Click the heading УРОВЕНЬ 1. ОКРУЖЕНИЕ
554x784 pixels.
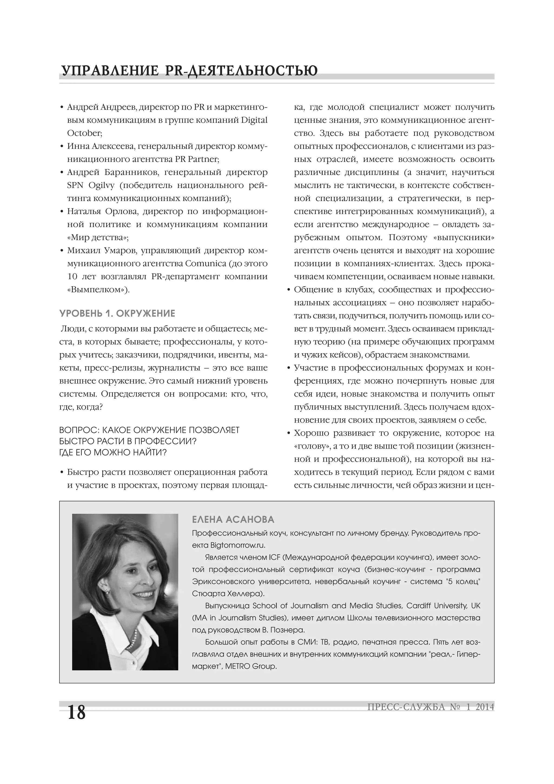pyautogui.click(x=117, y=313)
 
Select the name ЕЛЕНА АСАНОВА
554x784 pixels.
pyautogui.click(x=233, y=520)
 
